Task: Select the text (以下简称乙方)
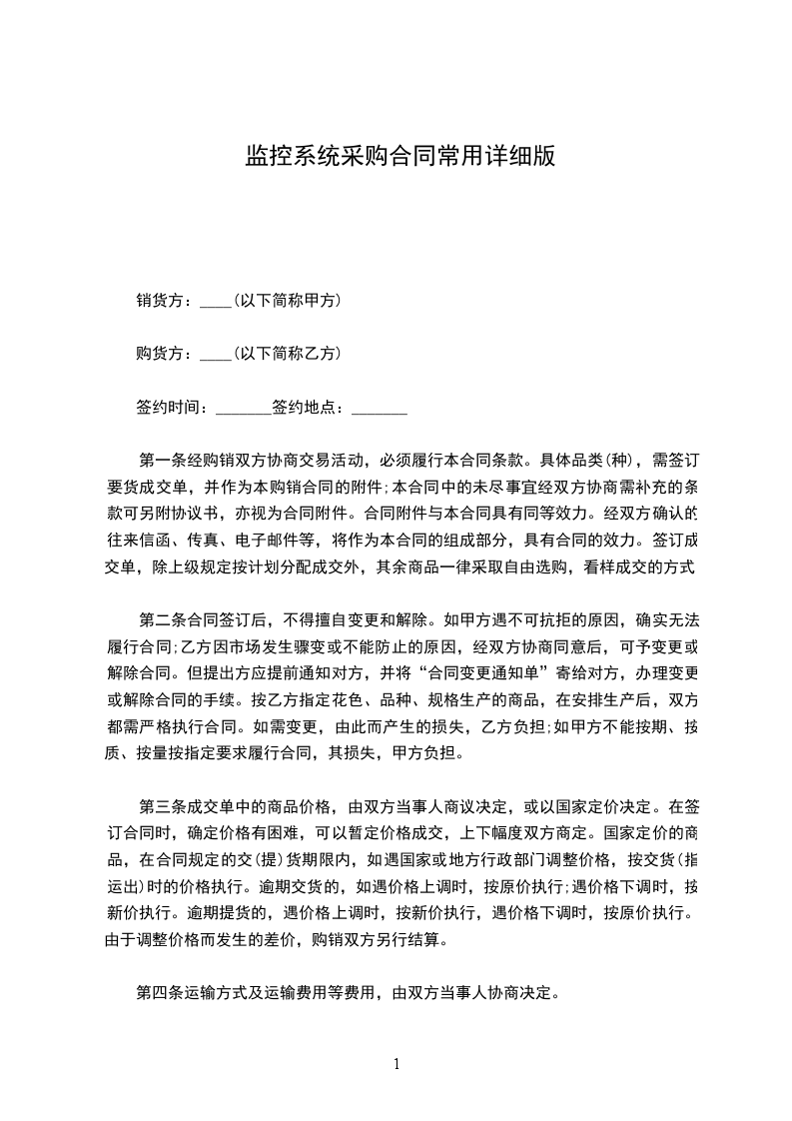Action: [287, 353]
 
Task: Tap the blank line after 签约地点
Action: [380, 409]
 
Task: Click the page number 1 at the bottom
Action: [396, 1064]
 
